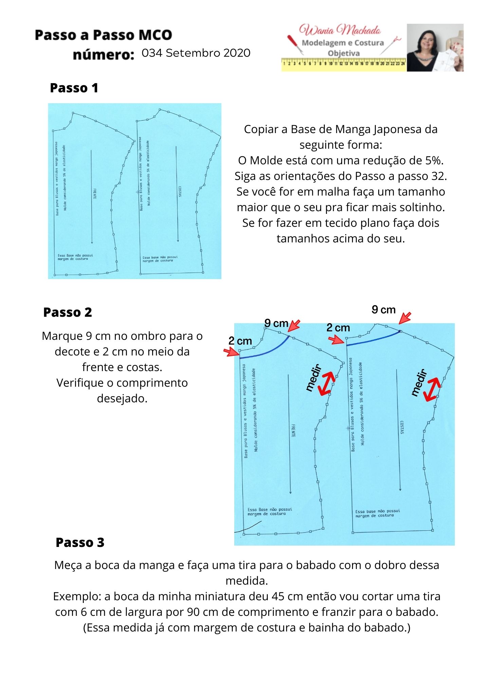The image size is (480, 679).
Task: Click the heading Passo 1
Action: tap(74, 88)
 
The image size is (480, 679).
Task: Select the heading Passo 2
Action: tap(68, 312)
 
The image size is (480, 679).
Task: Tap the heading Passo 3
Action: tap(80, 543)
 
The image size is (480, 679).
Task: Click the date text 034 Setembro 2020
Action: tap(196, 53)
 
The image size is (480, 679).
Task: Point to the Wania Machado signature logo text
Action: tap(340, 30)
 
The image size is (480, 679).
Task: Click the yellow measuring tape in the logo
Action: tap(343, 63)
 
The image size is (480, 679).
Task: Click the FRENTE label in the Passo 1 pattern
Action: tap(94, 194)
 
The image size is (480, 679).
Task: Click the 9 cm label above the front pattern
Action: tap(276, 323)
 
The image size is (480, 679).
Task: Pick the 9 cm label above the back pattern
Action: tap(383, 310)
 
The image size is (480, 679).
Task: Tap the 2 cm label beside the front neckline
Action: tap(240, 341)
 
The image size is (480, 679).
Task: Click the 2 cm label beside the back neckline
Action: tap(338, 328)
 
